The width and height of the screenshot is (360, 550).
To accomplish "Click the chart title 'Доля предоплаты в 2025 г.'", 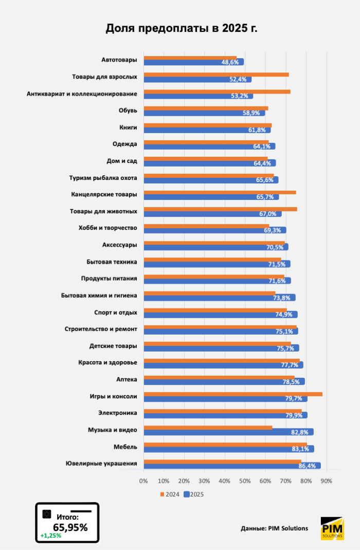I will click(x=181, y=28).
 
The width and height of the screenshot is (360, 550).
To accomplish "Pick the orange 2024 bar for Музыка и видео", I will click(x=208, y=428).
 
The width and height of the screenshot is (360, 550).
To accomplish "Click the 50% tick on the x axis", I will click(x=245, y=481).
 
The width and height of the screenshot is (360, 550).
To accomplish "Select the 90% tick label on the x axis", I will click(x=326, y=481).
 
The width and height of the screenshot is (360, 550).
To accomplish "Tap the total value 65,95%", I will click(x=70, y=527).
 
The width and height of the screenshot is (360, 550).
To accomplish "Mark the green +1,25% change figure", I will click(x=50, y=536).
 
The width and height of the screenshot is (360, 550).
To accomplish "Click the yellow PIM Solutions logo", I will click(x=332, y=528).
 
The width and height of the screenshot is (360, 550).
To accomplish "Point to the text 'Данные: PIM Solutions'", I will click(x=274, y=528).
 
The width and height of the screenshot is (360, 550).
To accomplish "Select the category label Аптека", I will click(x=127, y=380).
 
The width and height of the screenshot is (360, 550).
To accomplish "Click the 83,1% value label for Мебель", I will click(x=300, y=449).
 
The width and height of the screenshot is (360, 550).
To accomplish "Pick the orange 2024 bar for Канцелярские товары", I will click(x=220, y=192).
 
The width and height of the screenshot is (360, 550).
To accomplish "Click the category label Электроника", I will click(x=118, y=412).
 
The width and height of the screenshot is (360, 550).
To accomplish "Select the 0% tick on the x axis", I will click(x=143, y=481).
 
